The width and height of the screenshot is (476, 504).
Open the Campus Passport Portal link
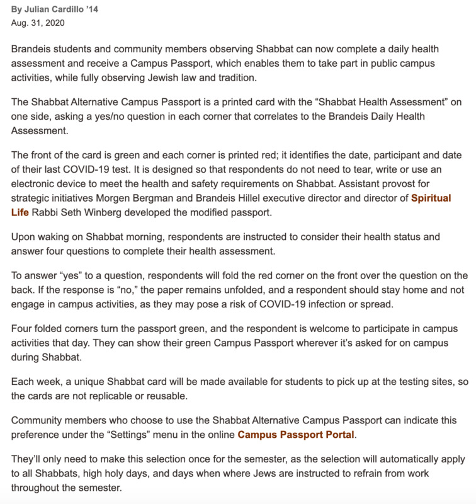297,435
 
